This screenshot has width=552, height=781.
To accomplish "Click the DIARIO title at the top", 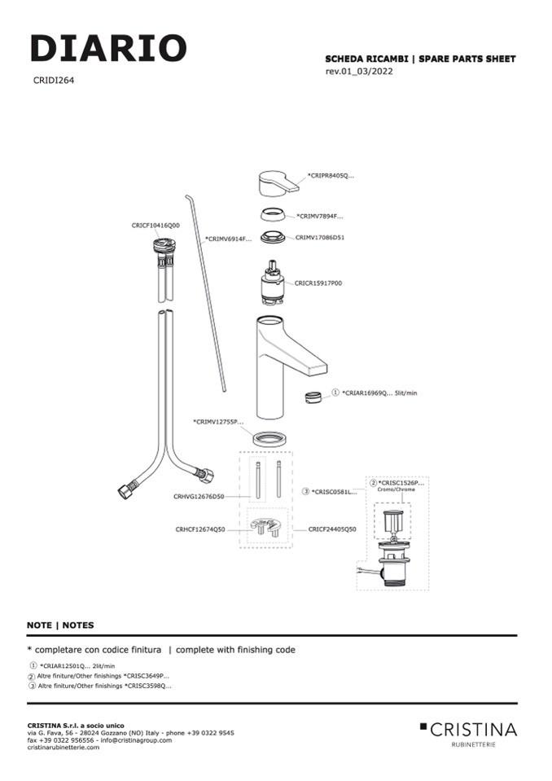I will point(108,48).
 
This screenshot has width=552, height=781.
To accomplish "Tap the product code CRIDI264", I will point(55,80).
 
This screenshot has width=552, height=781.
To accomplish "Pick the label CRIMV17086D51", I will point(320,237).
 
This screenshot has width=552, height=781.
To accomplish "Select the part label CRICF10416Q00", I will point(156,225).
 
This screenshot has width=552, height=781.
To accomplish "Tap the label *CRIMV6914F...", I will point(228,239).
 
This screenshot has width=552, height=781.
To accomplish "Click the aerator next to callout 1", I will point(310,397).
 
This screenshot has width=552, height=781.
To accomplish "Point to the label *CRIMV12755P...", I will point(217,422).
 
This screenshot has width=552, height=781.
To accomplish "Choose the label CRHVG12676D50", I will point(199,496).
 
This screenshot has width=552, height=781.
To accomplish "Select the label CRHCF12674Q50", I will point(199,529).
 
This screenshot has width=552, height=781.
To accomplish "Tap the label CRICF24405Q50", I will point(332,529).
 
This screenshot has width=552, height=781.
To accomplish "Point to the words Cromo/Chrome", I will point(396,490).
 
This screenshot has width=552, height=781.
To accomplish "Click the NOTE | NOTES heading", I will point(60,625).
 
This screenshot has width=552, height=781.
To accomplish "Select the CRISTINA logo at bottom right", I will point(468,730).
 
